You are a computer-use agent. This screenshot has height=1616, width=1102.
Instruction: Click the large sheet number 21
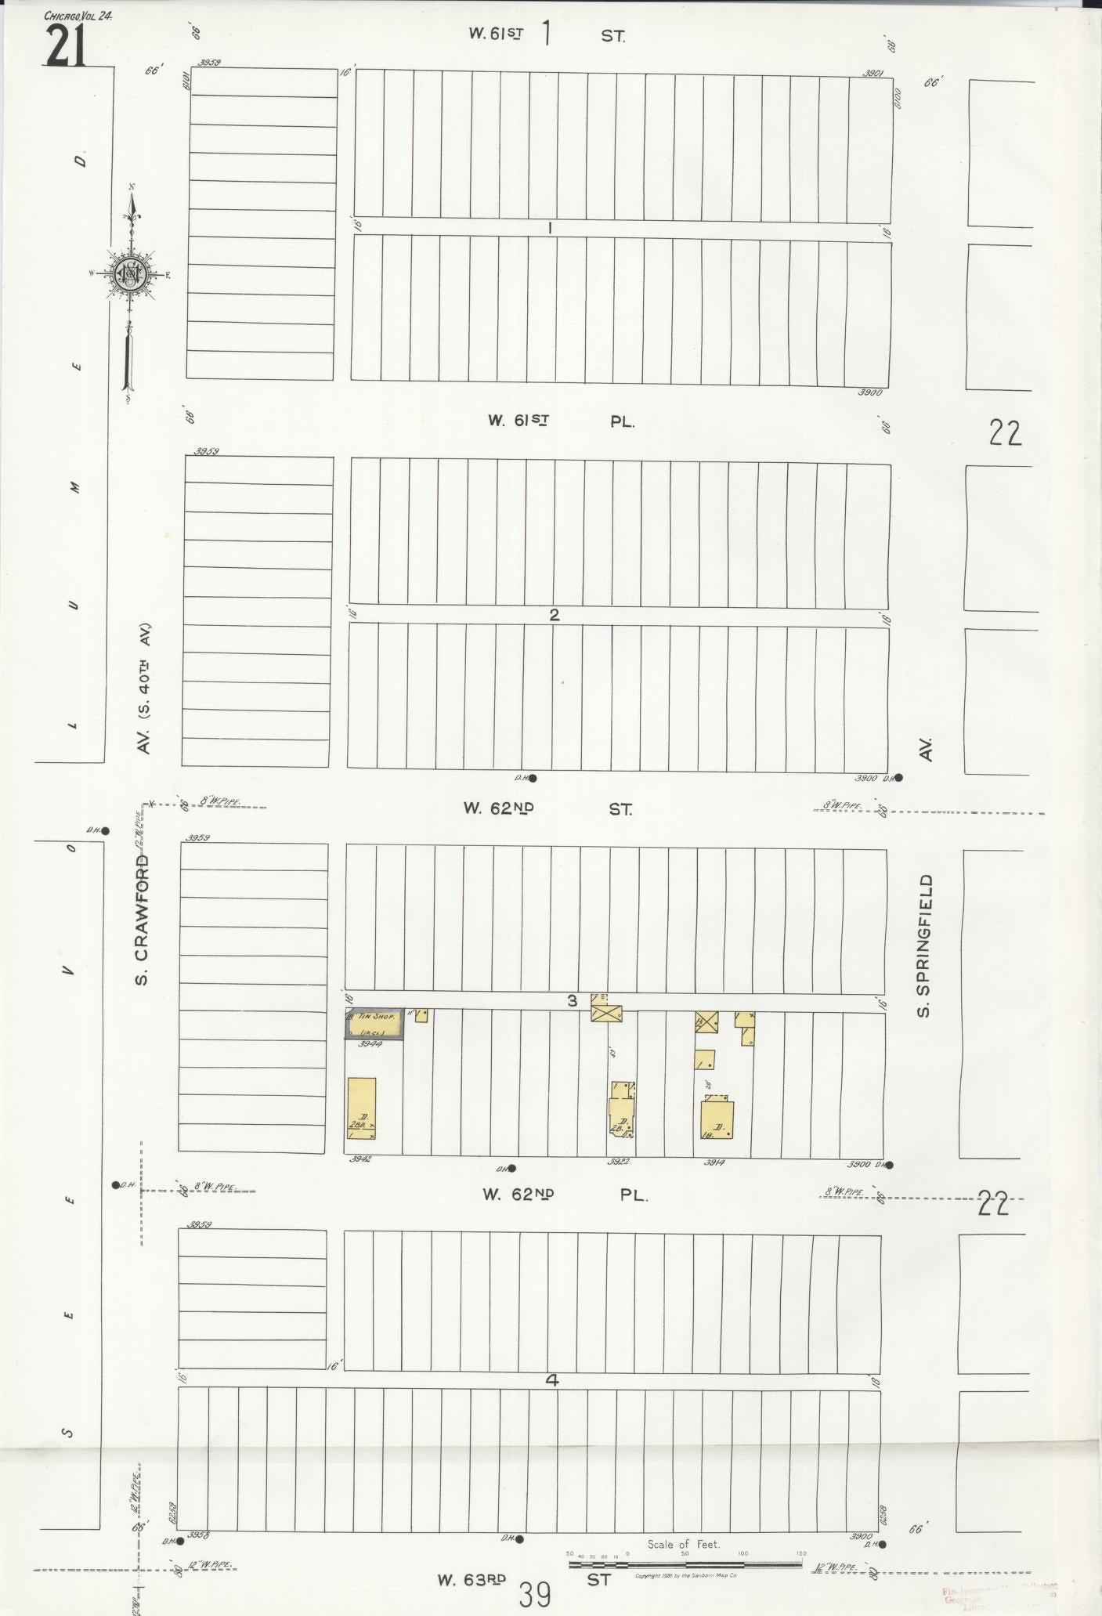(65, 47)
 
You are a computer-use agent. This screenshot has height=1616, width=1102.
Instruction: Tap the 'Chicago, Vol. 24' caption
(78, 16)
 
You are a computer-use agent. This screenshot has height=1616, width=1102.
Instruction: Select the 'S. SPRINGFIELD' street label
(925, 945)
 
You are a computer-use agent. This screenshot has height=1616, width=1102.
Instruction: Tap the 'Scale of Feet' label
(683, 1545)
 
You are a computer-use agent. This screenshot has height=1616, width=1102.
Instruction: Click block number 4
(551, 1380)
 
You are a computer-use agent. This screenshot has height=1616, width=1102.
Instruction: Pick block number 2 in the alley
(554, 615)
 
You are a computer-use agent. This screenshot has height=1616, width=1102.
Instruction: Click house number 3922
(618, 1162)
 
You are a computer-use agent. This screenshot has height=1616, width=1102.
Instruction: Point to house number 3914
(713, 1162)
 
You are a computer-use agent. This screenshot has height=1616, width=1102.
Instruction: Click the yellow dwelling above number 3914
(717, 1119)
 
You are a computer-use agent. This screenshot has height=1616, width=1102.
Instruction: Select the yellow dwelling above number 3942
(361, 1108)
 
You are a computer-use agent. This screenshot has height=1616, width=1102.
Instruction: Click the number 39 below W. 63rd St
(535, 1594)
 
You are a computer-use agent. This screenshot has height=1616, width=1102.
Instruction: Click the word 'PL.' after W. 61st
(622, 421)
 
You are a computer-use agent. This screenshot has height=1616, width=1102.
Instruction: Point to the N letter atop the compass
(134, 186)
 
